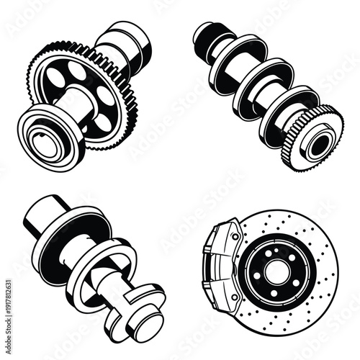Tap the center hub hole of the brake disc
pos(274,271)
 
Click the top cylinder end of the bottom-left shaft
pos(43,216)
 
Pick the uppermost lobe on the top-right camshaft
pos(227,54)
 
